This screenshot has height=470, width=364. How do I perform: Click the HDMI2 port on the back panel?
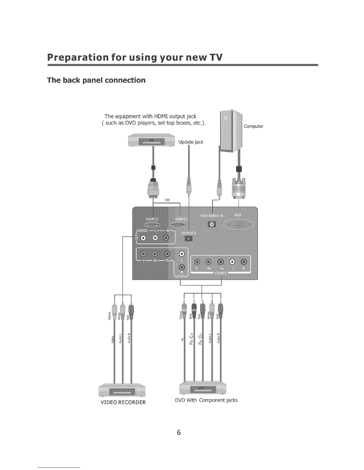pyautogui.click(x=152, y=225)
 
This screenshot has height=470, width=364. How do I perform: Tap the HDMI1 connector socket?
pyautogui.click(x=179, y=225)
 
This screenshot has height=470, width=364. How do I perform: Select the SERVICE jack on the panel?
pyautogui.click(x=188, y=238)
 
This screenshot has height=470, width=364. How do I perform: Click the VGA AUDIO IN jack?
pyautogui.click(x=212, y=225)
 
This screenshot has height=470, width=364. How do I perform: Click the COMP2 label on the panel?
pyautogui.click(x=221, y=273)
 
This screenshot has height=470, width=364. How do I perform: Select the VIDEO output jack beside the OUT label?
pyautogui.click(x=144, y=238)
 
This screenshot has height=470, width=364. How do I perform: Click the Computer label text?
pyautogui.click(x=253, y=126)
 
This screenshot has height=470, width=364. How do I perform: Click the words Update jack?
pyautogui.click(x=191, y=142)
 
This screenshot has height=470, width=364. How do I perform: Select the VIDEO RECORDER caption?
pyautogui.click(x=123, y=402)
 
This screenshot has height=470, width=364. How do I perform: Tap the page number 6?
pyautogui.click(x=179, y=432)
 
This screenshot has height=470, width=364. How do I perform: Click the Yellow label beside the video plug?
pyautogui.click(x=110, y=317)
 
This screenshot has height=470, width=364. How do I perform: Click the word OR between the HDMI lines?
pyautogui.click(x=167, y=200)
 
